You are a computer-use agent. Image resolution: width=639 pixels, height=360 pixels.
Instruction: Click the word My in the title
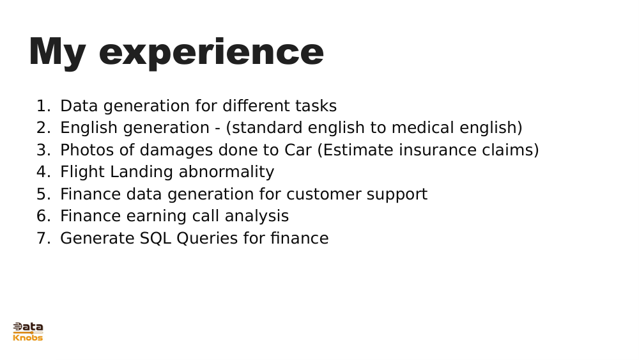tap(57, 52)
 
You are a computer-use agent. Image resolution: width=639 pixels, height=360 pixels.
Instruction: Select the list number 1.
tap(42, 106)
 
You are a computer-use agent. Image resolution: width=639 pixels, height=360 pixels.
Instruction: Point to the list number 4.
tap(42, 172)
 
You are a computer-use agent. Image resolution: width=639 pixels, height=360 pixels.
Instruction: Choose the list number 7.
tap(42, 239)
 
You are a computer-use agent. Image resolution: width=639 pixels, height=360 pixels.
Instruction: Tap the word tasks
tap(316, 106)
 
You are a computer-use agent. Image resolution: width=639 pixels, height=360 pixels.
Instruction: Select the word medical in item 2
tap(422, 128)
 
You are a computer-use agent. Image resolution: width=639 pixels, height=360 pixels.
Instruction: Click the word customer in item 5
tap(327, 194)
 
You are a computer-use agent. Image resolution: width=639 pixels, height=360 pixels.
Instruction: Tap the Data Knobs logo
tap(28, 331)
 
